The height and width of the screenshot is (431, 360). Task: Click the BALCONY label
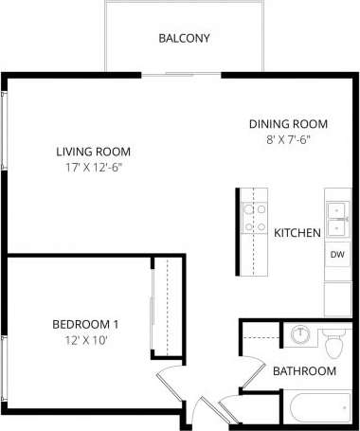(184, 39)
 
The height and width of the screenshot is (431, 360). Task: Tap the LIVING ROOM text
(93, 152)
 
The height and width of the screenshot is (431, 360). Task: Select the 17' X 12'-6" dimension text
(93, 168)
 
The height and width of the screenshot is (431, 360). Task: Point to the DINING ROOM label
(288, 124)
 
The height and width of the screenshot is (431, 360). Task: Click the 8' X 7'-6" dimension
(288, 139)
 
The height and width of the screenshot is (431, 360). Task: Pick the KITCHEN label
(297, 232)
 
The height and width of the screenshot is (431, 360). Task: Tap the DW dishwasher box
(337, 255)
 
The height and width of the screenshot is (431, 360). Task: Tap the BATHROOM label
(304, 371)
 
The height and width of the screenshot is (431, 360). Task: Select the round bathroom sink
(299, 335)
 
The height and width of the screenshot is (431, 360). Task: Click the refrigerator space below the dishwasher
(337, 296)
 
